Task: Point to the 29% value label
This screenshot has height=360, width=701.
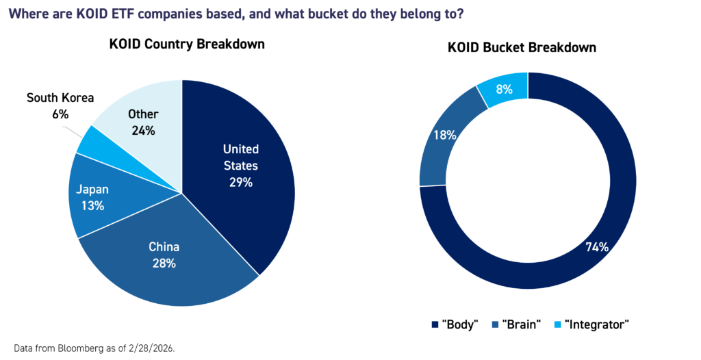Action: pos(241,183)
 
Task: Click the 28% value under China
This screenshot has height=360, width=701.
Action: pos(164,263)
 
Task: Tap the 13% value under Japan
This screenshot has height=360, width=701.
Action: pos(92,205)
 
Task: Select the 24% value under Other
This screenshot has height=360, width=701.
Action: pos(143,130)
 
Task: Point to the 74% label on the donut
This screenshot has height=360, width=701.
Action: pos(597,247)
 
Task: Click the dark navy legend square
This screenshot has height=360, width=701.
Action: pos(435,324)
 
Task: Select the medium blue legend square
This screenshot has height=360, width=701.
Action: pos(496,324)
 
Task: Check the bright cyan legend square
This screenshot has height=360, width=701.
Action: pos(557,324)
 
